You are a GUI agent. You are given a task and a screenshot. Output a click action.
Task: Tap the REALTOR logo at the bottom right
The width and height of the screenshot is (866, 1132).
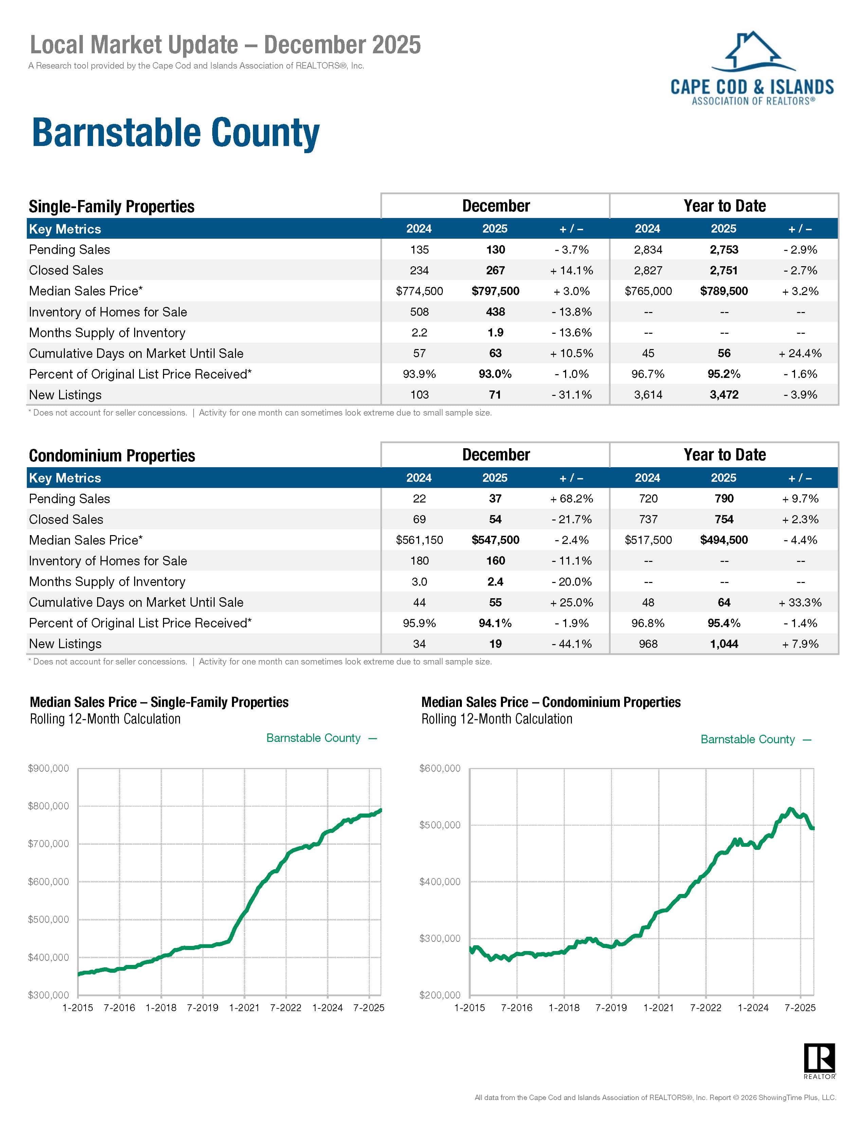pyautogui.click(x=819, y=1060)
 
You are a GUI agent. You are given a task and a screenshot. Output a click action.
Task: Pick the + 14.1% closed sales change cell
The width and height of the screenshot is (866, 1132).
pyautogui.click(x=571, y=271)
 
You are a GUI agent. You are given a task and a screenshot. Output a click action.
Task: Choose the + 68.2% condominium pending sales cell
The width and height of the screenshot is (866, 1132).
pyautogui.click(x=571, y=499)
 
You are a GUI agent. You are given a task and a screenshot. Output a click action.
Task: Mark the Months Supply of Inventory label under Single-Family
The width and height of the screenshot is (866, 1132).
pyautogui.click(x=107, y=333)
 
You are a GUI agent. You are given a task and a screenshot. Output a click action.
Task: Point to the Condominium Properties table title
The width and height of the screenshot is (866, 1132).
pyautogui.click(x=112, y=455)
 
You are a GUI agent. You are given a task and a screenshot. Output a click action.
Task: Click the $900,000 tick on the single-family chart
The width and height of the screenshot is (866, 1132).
pyautogui.click(x=49, y=769)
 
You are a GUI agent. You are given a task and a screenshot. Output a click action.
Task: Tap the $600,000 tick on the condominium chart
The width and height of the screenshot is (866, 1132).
pyautogui.click(x=440, y=769)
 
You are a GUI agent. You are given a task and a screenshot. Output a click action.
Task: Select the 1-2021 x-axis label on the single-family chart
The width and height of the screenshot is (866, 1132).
pyautogui.click(x=244, y=1007)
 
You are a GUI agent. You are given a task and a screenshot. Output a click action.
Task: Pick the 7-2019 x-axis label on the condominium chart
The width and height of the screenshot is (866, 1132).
pyautogui.click(x=611, y=1007)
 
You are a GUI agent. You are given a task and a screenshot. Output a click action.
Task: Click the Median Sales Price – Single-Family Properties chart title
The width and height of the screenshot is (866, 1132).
pyautogui.click(x=159, y=702)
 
